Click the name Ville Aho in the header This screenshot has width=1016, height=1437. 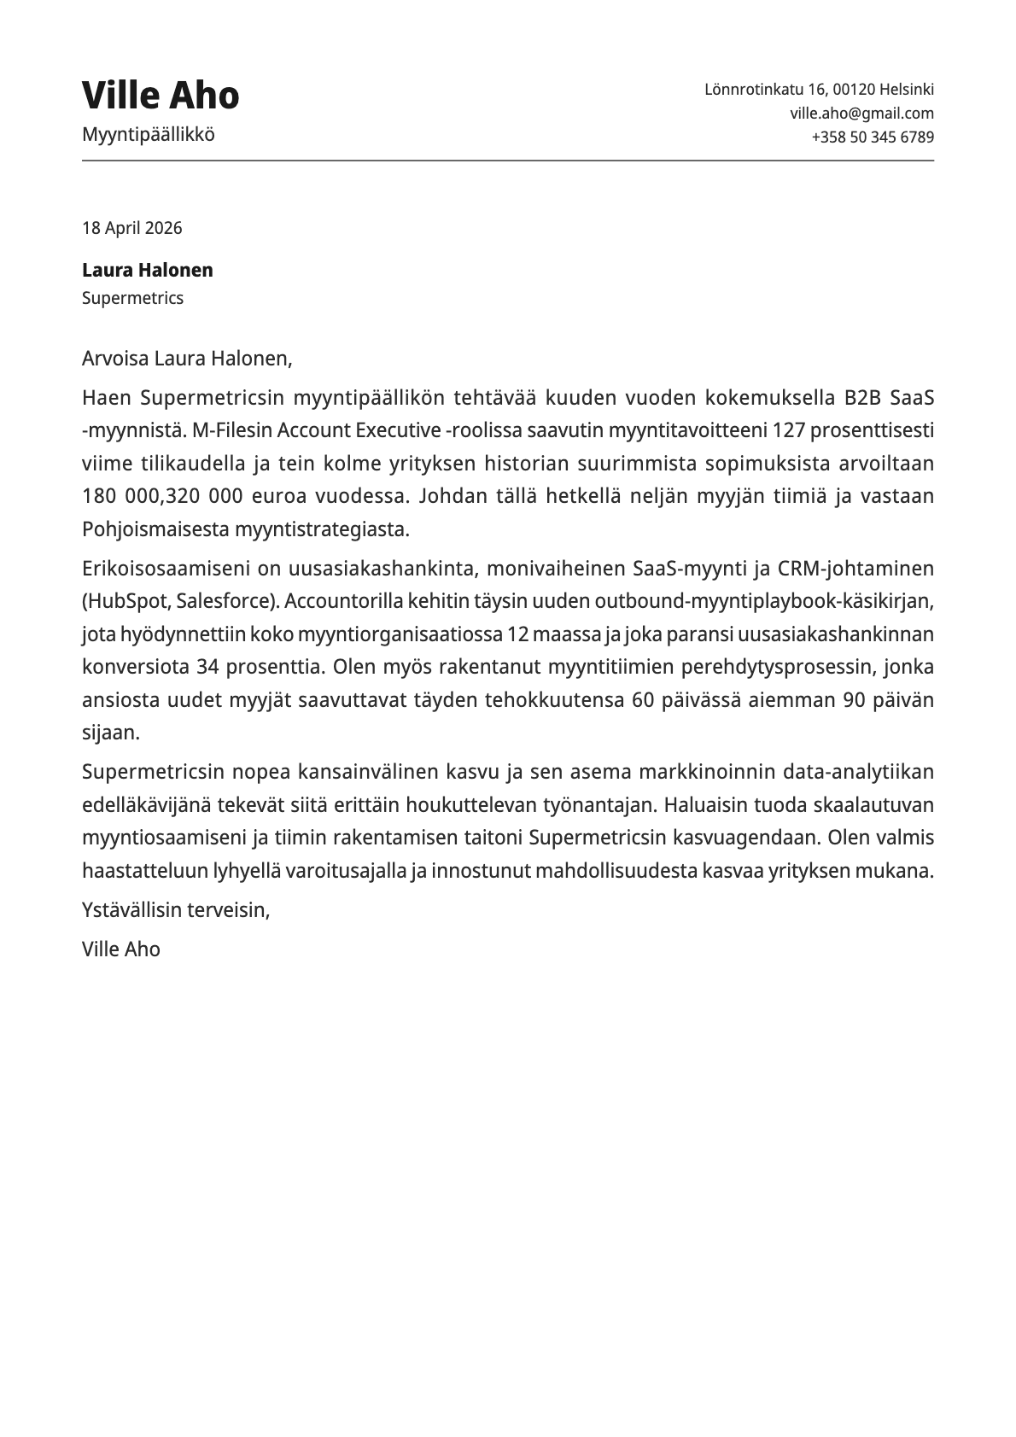pos(161,95)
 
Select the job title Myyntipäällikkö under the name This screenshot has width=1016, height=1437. pos(149,134)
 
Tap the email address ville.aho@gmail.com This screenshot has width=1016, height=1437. pos(861,113)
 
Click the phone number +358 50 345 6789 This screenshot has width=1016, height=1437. pos(872,137)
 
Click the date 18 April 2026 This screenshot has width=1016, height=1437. pos(131,228)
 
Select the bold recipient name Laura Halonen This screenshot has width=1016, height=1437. pos(147,270)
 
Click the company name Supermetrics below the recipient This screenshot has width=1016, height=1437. pos(132,298)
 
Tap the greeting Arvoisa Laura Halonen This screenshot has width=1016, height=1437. pos(186,358)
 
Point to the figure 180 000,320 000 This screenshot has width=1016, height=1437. pos(162,496)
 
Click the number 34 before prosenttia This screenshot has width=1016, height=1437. pos(207,667)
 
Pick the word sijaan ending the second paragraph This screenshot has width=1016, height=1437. pos(110,733)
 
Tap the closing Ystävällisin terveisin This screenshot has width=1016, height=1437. pos(176,909)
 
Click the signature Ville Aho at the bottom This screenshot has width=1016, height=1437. pos(121,949)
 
